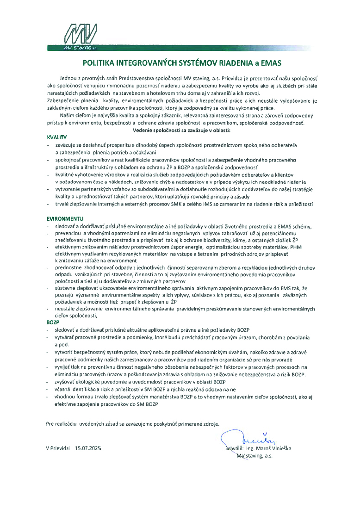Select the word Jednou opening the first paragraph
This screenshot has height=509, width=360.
point(68,79)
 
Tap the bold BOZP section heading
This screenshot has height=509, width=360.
point(53,321)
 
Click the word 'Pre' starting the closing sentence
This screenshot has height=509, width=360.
point(50,423)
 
